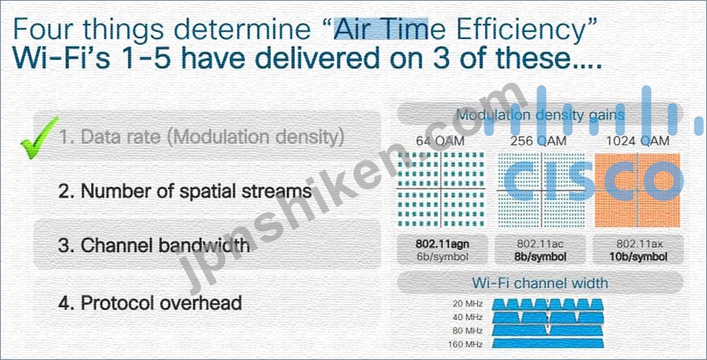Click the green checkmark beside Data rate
pyautogui.click(x=40, y=138)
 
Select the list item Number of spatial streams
pyautogui.click(x=185, y=191)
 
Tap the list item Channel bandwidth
pyautogui.click(x=154, y=246)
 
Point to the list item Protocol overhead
pyautogui.click(x=150, y=303)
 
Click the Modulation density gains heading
pyautogui.click(x=540, y=115)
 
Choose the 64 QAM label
pyautogui.click(x=440, y=141)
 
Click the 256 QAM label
pyautogui.click(x=539, y=141)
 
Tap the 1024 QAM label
pyautogui.click(x=638, y=141)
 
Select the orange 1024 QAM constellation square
pyautogui.click(x=638, y=190)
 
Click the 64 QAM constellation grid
pyautogui.click(x=441, y=189)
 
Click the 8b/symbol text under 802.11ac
pyautogui.click(x=540, y=257)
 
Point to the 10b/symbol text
pyautogui.click(x=638, y=257)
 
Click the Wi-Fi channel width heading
pyautogui.click(x=540, y=283)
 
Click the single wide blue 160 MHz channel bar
pyautogui.click(x=548, y=344)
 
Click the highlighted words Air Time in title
pyautogui.click(x=380, y=29)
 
